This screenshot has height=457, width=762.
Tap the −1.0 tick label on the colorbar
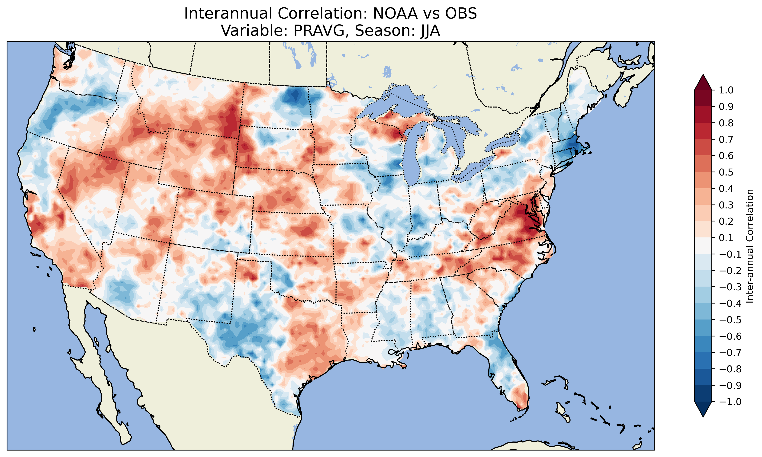click(x=730, y=402)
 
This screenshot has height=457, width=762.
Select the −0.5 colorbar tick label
click(x=730, y=320)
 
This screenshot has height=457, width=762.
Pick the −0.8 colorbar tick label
click(x=730, y=369)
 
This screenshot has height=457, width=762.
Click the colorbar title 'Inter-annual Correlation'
click(x=750, y=246)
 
